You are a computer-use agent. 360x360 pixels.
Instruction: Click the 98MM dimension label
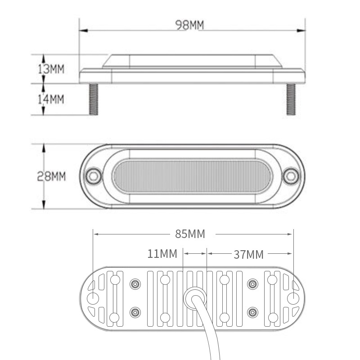click(189, 25)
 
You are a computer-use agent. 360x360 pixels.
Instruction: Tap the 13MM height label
click(51, 69)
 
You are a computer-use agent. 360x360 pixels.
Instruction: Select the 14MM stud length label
click(51, 99)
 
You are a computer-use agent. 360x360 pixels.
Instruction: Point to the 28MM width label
click(51, 176)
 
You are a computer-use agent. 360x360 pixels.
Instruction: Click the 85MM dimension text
click(190, 234)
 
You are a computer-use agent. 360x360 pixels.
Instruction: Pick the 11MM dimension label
click(162, 254)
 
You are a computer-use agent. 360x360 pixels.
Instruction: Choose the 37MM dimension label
click(249, 255)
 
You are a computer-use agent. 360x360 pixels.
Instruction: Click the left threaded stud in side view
click(94, 99)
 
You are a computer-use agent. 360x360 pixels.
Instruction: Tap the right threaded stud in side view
click(291, 99)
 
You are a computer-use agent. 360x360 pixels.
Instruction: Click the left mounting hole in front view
click(94, 176)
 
